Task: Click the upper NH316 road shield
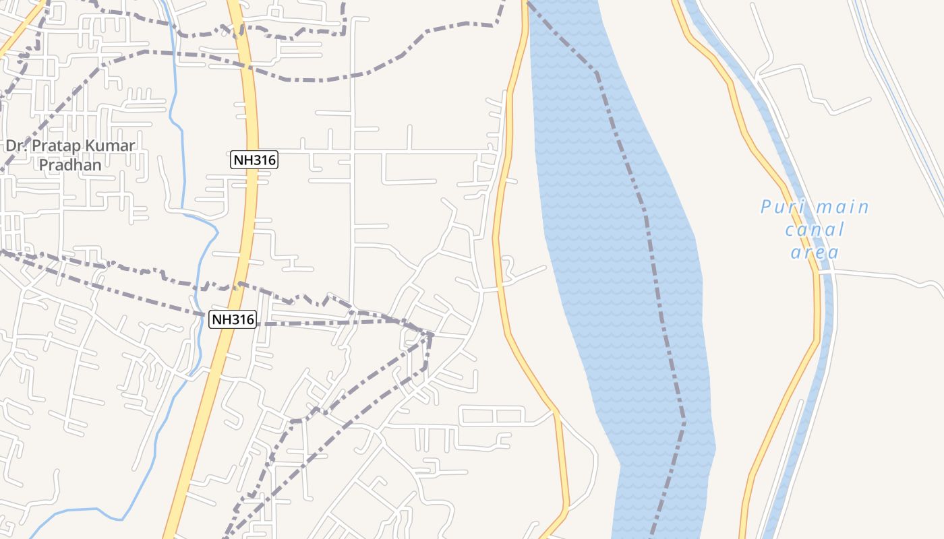254,160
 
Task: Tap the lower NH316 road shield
233,319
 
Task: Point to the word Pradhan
70,164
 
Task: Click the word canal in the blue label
815,230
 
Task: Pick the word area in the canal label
815,253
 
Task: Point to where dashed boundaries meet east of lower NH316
430,334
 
